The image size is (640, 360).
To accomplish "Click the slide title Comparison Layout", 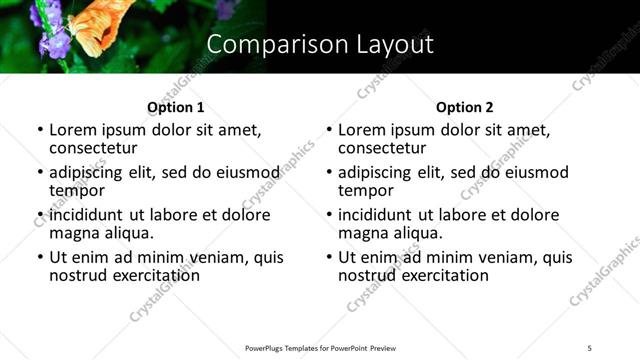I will [320, 44].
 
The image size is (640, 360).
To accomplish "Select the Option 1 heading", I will [175, 107].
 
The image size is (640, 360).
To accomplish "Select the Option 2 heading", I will [464, 107].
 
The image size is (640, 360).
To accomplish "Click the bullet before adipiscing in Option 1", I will [40, 173].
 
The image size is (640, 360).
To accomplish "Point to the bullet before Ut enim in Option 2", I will [329, 257].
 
